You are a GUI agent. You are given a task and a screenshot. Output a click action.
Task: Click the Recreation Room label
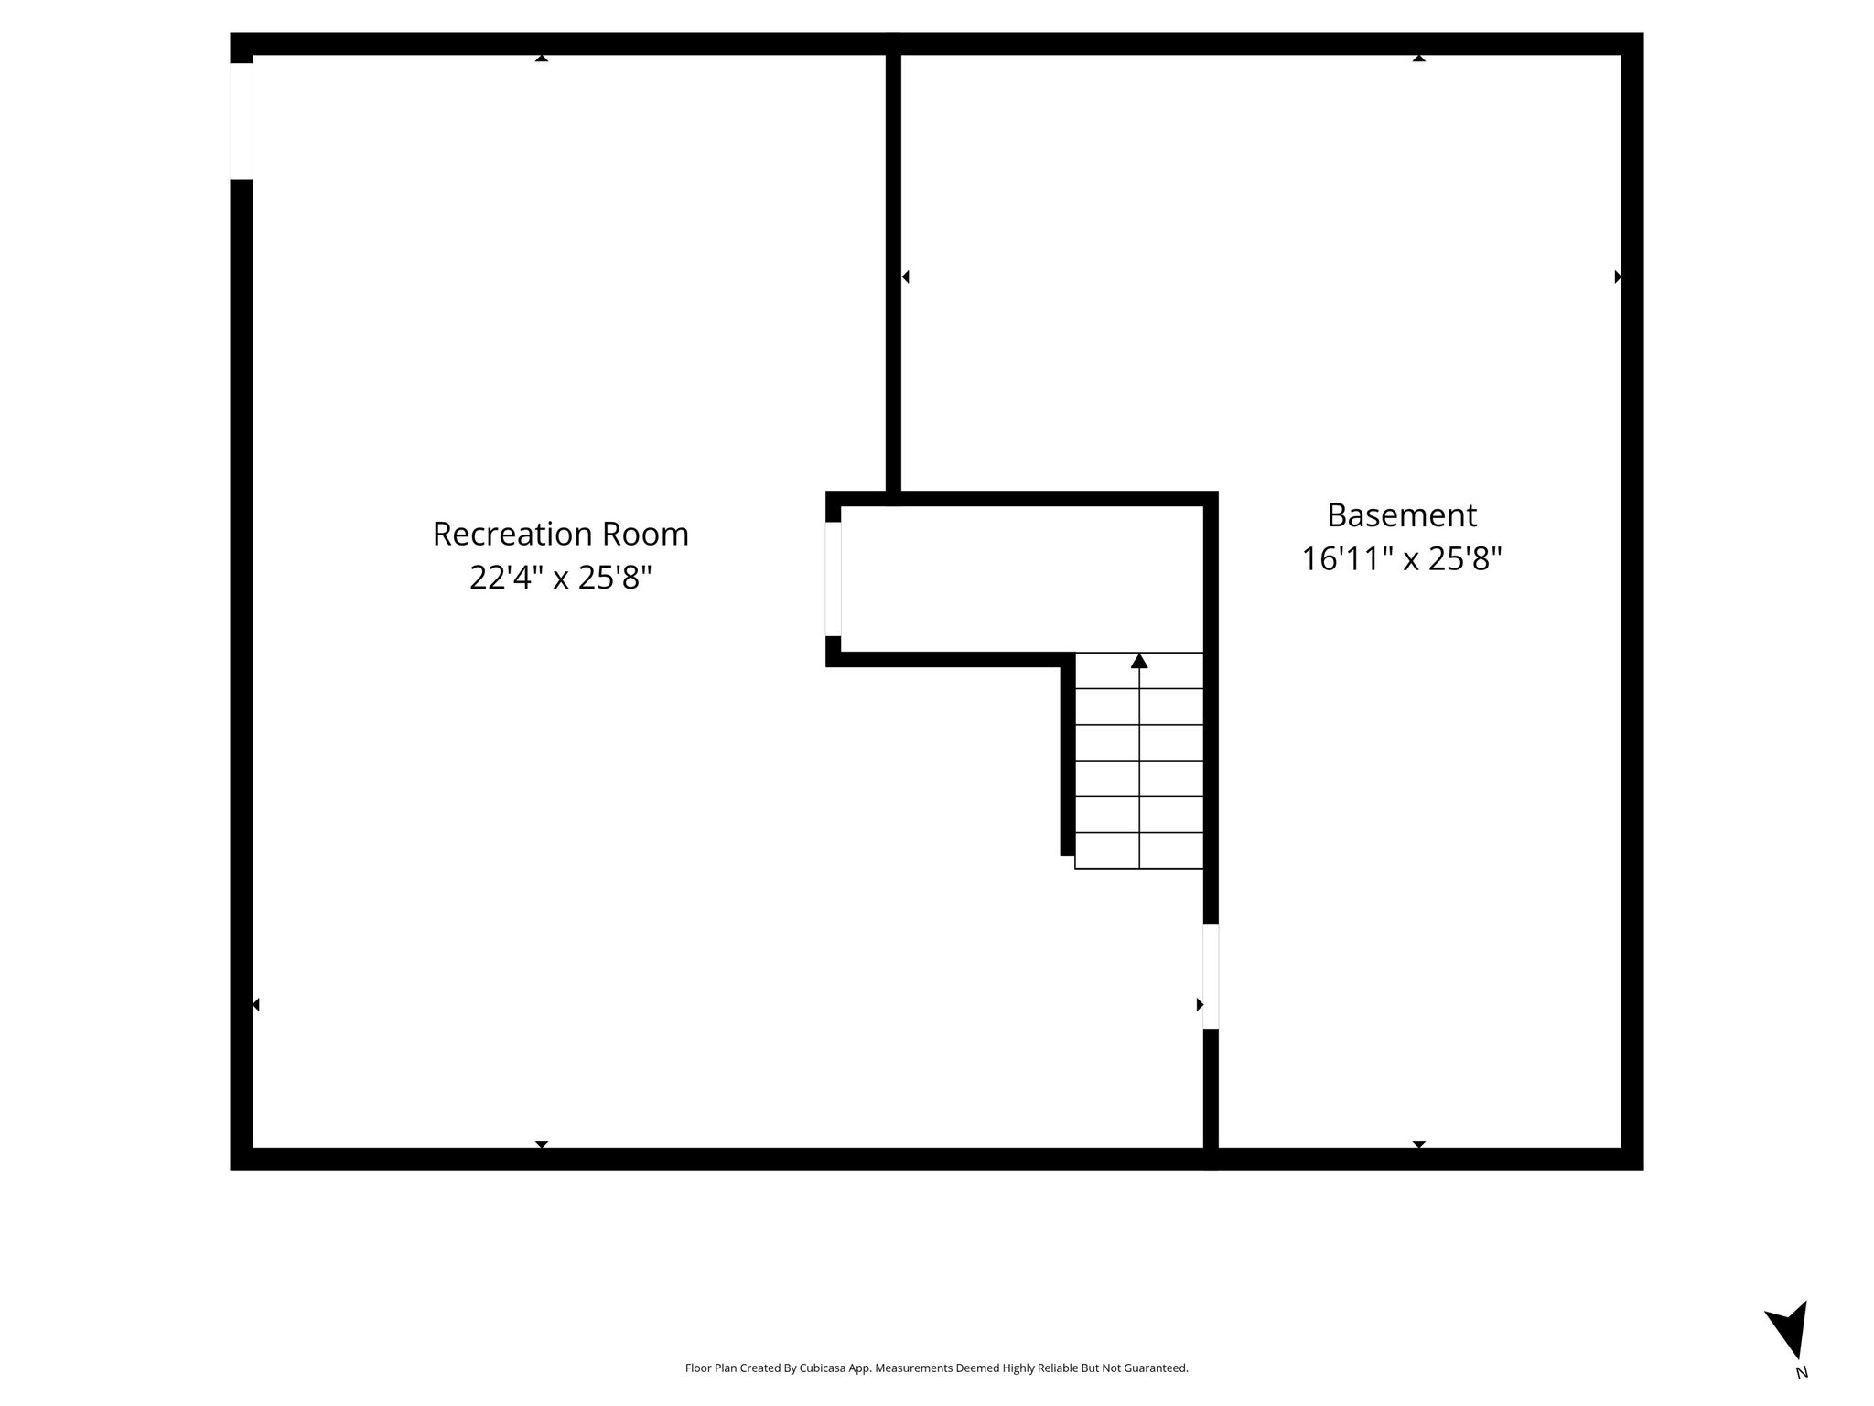(560, 534)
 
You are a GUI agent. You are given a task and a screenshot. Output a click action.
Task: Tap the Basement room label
(1402, 515)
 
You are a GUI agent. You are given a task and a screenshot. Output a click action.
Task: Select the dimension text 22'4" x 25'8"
(560, 578)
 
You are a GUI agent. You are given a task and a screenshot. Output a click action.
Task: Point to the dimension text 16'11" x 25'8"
(1402, 558)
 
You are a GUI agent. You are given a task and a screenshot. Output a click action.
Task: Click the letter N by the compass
(1802, 1372)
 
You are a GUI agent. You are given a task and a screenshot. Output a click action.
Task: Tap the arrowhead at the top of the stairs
(1139, 661)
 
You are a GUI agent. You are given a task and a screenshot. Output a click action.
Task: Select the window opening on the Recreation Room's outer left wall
(242, 122)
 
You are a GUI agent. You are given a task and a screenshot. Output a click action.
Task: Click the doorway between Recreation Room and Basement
(1211, 977)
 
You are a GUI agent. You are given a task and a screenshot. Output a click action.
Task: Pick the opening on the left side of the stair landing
(834, 579)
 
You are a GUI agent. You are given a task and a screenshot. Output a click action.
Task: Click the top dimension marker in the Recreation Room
(542, 59)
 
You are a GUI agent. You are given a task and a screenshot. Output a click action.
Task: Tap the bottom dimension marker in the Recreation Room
(542, 1144)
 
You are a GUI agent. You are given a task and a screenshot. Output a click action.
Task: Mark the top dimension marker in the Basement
(1419, 59)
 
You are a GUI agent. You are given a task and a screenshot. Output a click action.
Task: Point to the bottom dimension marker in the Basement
(1419, 1144)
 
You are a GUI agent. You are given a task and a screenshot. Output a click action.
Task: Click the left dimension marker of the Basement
(905, 276)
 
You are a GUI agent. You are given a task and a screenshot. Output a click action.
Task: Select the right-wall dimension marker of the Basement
(1618, 276)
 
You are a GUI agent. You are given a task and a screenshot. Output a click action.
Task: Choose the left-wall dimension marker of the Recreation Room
(256, 1005)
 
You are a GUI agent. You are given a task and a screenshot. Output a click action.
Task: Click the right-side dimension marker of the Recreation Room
(1200, 1005)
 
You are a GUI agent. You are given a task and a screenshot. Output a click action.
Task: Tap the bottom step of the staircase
(1139, 850)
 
